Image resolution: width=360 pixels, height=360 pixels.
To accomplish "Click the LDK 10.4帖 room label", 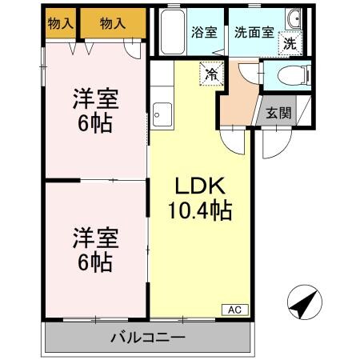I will point(200,198).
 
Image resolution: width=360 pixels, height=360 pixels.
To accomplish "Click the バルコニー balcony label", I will point(147,337).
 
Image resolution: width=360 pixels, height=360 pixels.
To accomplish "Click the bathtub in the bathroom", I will point(172,32).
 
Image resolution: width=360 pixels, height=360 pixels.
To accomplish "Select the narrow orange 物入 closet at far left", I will point(61,24).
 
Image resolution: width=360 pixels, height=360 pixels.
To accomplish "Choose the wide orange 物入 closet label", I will point(113,24).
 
